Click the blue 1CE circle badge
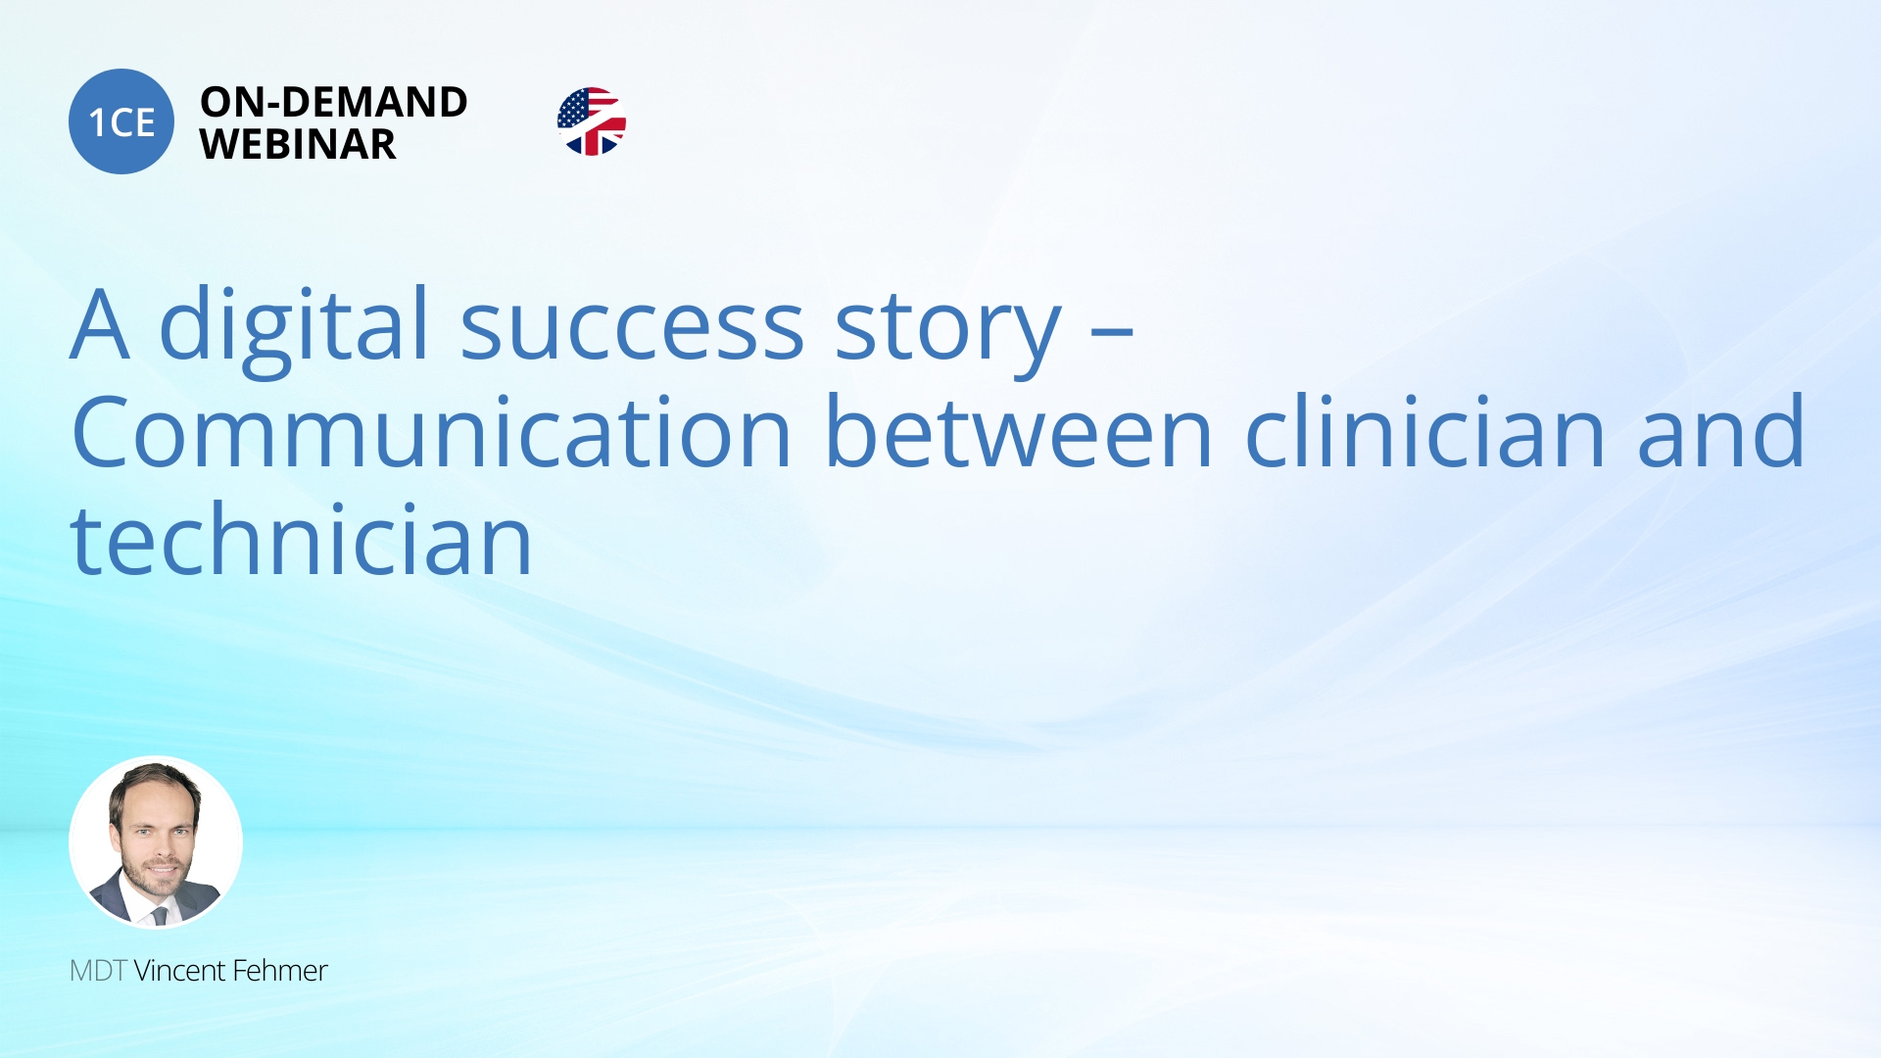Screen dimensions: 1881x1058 121,121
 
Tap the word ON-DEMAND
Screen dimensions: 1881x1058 334,102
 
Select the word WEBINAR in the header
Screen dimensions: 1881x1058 298,144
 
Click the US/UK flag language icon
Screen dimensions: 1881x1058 592,121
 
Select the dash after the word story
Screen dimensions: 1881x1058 1113,333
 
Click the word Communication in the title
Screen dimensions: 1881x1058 432,431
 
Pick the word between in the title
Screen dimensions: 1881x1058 1020,431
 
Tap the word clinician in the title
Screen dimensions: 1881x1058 1426,431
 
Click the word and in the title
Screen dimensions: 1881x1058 1721,431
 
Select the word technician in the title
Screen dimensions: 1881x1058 302,539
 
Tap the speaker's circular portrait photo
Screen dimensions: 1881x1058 156,842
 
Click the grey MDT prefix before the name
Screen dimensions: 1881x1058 98,971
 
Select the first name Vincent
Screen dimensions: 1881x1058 179,971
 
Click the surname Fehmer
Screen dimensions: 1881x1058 280,971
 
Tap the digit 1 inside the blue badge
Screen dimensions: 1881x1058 97,122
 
